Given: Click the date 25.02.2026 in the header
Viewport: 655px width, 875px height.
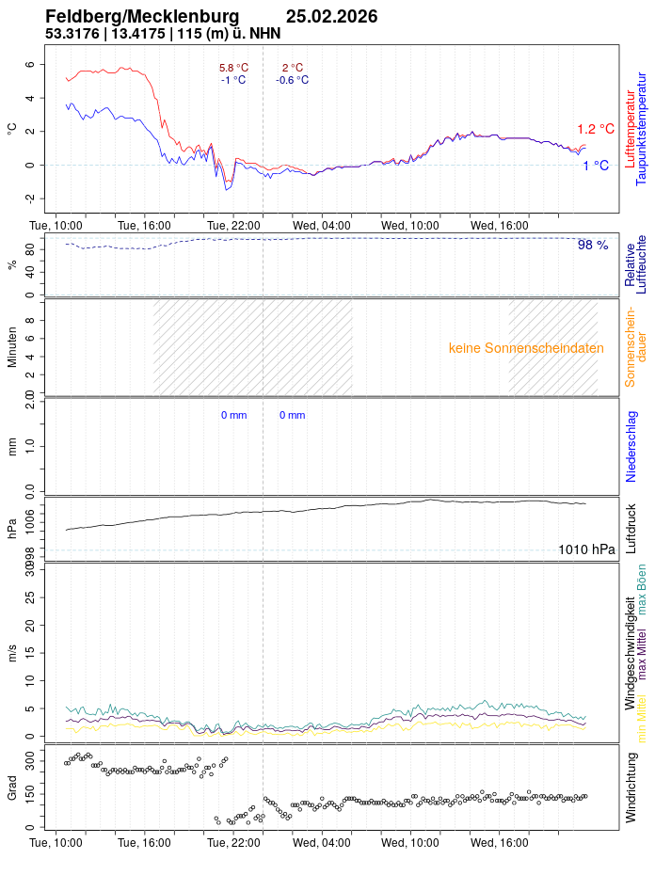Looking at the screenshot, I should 331,16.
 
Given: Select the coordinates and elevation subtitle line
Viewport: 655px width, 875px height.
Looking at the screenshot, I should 163,34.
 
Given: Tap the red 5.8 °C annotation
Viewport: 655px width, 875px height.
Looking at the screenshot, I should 233,68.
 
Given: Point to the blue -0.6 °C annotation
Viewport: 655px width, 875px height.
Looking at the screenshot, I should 292,80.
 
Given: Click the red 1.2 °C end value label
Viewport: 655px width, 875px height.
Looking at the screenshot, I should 595,129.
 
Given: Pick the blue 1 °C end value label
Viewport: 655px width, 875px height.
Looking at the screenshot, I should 595,166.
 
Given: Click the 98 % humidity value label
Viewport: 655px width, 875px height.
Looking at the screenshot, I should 593,245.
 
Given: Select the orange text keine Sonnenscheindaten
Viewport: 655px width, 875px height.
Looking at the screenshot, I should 526,348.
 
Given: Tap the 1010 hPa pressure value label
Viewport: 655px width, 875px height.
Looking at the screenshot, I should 586,549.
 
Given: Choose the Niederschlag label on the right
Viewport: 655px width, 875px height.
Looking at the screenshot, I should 631,446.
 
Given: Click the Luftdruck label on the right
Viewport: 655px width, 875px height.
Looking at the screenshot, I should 631,529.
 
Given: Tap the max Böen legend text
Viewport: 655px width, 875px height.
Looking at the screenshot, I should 642,589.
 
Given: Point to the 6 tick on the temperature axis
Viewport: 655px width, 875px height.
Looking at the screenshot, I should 30,65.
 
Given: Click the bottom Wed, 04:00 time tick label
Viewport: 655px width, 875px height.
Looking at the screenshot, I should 321,843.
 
